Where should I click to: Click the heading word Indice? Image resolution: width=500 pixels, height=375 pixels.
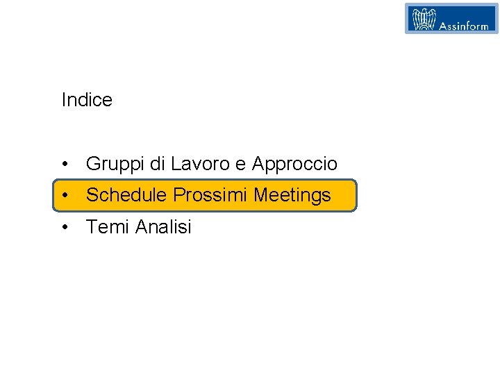[x=87, y=100]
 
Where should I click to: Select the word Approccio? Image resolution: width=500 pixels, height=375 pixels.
[x=294, y=165]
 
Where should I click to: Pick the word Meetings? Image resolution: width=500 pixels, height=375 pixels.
[x=292, y=196]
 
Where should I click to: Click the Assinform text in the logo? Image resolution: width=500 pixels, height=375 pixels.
[x=463, y=26]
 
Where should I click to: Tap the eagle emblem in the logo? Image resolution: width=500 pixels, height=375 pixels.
[x=423, y=18]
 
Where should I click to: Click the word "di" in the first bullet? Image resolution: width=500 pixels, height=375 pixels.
[x=158, y=165]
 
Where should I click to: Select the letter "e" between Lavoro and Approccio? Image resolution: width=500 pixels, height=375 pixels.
[x=241, y=165]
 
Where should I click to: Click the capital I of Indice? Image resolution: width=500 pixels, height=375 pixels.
[x=64, y=100]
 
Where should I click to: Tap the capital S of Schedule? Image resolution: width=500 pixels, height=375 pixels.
[x=92, y=196]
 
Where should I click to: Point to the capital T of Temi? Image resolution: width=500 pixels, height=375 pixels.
[x=92, y=227]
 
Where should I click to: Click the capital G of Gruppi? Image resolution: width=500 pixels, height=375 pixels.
[x=93, y=165]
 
